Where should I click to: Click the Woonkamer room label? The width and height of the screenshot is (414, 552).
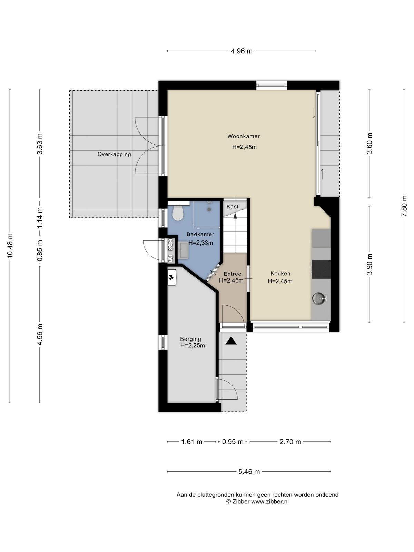(x=243, y=136)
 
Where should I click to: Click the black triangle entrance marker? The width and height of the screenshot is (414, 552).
(x=231, y=341)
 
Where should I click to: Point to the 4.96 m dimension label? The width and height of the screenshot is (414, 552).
(x=241, y=51)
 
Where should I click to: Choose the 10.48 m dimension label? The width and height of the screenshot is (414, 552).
(x=10, y=246)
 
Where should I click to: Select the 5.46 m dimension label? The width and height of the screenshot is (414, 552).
(x=249, y=472)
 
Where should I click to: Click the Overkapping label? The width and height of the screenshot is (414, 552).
(x=115, y=154)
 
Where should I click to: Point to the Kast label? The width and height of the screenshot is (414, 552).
(x=232, y=206)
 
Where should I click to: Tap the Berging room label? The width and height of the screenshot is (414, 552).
(x=190, y=339)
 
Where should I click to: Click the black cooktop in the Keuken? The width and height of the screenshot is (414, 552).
(x=321, y=269)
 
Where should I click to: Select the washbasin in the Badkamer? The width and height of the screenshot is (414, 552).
(x=184, y=250)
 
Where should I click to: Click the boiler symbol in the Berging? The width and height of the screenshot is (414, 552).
(x=172, y=277)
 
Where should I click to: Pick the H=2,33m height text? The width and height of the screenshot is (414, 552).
(x=200, y=243)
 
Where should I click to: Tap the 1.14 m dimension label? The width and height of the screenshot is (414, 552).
(x=40, y=218)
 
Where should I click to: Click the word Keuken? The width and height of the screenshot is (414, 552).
(x=280, y=273)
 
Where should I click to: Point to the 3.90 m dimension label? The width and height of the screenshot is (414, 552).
(x=369, y=264)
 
